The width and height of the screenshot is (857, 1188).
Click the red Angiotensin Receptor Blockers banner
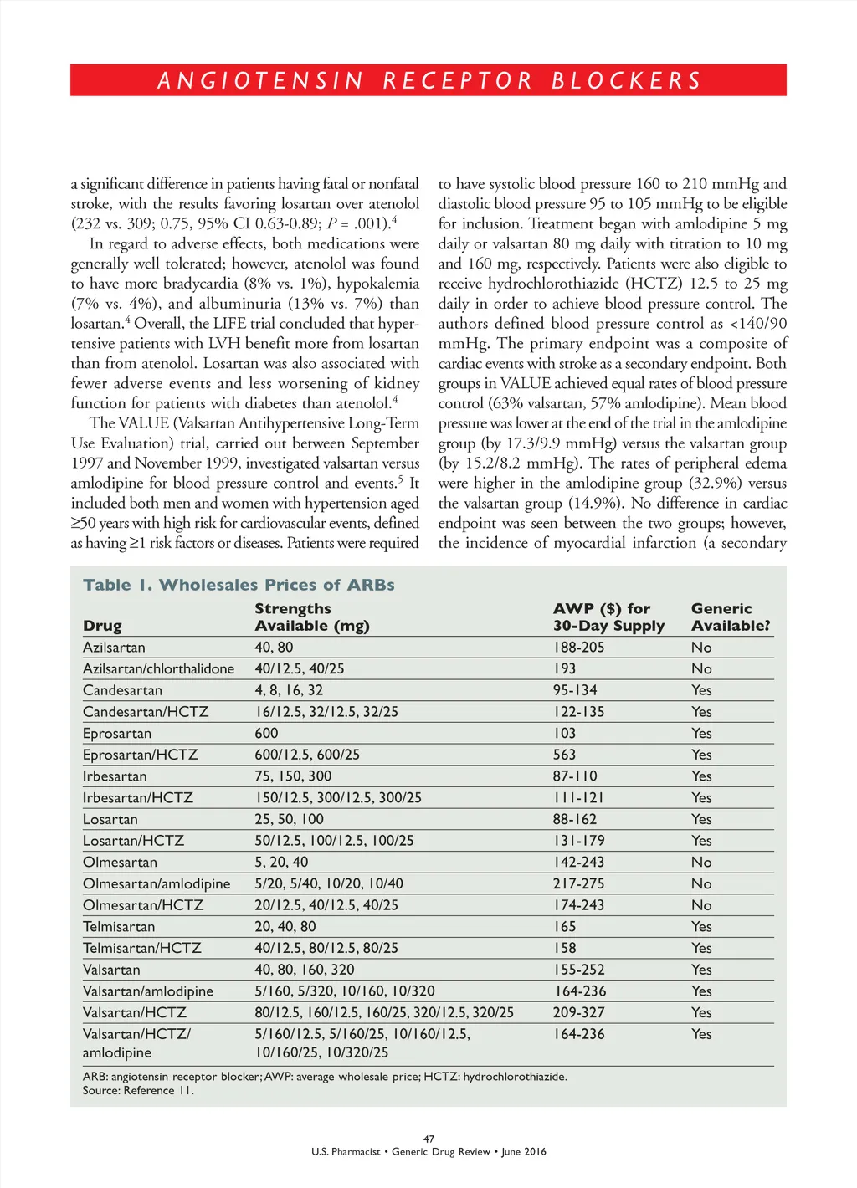[428, 80]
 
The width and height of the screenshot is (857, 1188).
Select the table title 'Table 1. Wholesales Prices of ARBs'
[239, 585]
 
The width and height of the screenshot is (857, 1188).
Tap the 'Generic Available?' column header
[730, 617]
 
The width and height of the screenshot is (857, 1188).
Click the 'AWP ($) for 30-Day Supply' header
[608, 617]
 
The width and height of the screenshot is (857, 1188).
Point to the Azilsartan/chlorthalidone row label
[158, 668]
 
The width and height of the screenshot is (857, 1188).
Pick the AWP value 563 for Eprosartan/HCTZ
[564, 755]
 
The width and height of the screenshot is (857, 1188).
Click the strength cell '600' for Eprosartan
[266, 733]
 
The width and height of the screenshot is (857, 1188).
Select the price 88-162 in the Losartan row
[574, 819]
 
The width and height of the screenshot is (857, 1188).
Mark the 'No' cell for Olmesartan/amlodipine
[701, 883]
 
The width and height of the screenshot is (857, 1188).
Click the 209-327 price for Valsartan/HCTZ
[578, 1012]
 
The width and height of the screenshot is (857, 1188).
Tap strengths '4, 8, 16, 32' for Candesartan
[289, 690]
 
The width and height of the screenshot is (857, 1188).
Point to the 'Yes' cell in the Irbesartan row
[701, 776]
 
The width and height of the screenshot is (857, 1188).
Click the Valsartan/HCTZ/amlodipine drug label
[136, 1042]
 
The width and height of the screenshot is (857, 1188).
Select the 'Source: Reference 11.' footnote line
[138, 1090]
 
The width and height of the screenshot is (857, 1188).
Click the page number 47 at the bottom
[428, 1139]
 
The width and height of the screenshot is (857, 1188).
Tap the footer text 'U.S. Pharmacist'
[346, 1152]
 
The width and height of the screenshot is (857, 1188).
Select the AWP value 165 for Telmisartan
[564, 926]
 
